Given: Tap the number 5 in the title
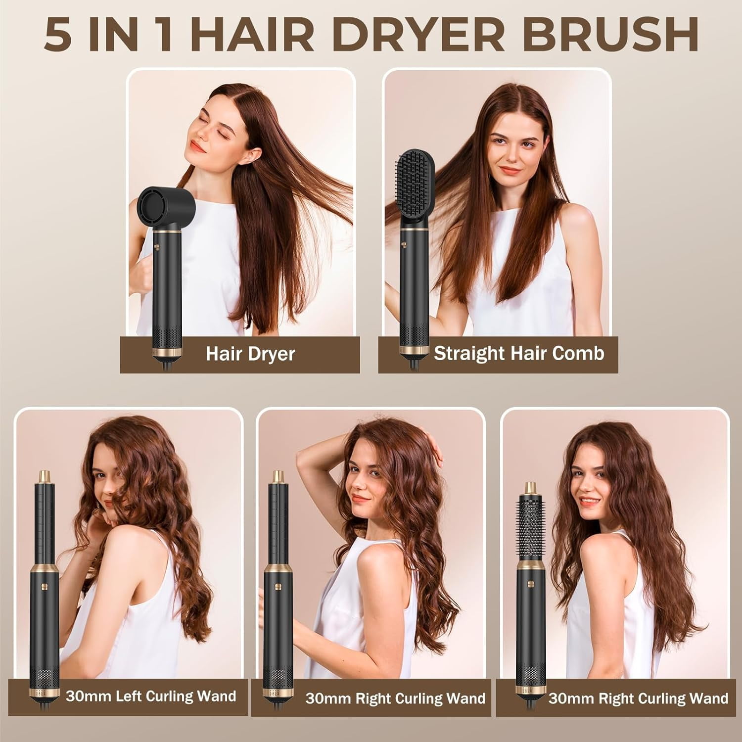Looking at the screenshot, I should [x=58, y=35].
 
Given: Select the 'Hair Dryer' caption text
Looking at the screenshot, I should [x=250, y=354].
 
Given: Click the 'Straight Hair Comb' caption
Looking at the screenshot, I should [x=519, y=354].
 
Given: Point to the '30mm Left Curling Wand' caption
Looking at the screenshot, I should [x=150, y=696].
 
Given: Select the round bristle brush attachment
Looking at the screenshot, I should [x=531, y=529].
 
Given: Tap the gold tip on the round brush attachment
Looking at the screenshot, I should [x=531, y=487].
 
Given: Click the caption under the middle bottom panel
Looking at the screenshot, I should [x=395, y=698].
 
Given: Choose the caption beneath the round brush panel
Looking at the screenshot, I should [x=638, y=698].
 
